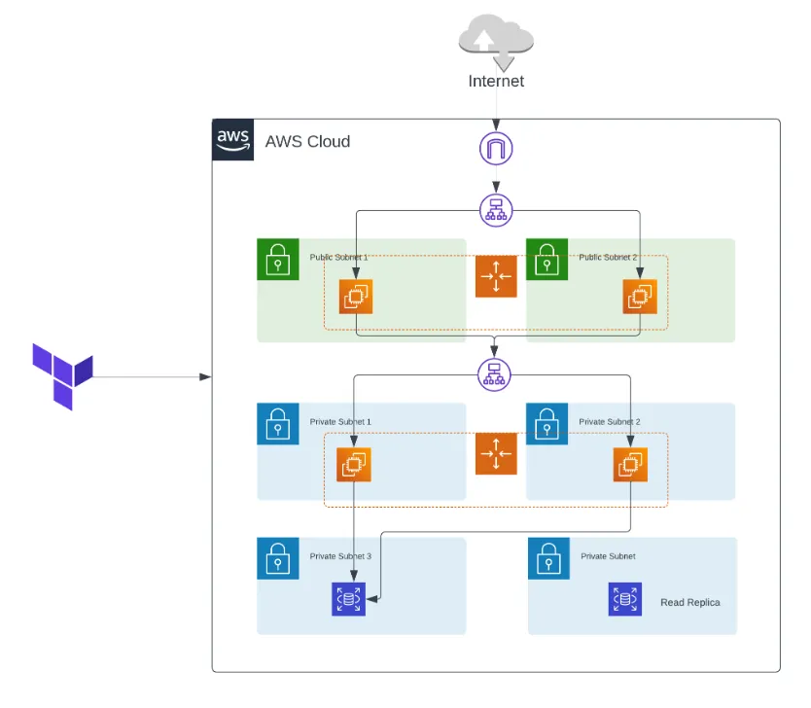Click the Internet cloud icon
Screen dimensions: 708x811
pyautogui.click(x=496, y=39)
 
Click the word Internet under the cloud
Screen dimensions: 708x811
pyautogui.click(x=496, y=81)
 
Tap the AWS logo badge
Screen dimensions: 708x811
pyautogui.click(x=233, y=140)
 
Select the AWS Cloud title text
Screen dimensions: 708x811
pyautogui.click(x=307, y=141)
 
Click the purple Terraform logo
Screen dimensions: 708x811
pyautogui.click(x=62, y=375)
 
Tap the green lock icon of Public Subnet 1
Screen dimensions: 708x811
pyautogui.click(x=278, y=260)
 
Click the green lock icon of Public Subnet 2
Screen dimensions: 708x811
pyautogui.click(x=547, y=260)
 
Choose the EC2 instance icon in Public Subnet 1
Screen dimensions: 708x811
pyautogui.click(x=356, y=296)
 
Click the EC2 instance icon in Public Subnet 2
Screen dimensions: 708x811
pyautogui.click(x=640, y=296)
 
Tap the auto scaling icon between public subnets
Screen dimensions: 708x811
pyautogui.click(x=496, y=276)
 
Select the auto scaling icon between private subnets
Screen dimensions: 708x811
pyautogui.click(x=496, y=454)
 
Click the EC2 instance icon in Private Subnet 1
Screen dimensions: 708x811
pyautogui.click(x=353, y=464)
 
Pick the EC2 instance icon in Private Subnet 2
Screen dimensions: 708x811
pyautogui.click(x=630, y=464)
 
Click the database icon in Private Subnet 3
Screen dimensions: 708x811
pyautogui.click(x=348, y=600)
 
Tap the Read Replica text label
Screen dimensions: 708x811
pyautogui.click(x=690, y=602)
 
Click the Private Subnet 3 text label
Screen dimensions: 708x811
pyautogui.click(x=340, y=556)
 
